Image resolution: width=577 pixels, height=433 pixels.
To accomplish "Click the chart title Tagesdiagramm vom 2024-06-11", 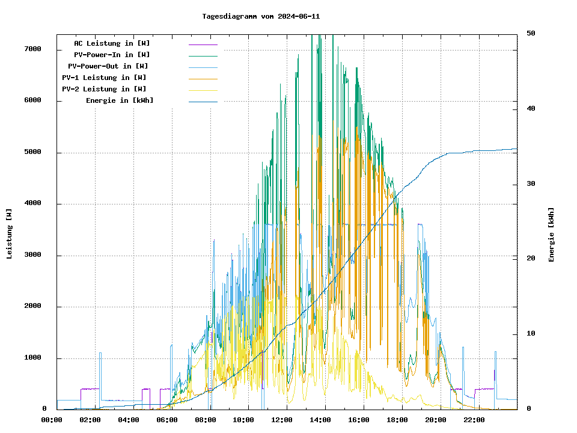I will click(x=261, y=16).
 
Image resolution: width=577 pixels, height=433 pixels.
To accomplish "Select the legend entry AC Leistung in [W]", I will click(x=112, y=43).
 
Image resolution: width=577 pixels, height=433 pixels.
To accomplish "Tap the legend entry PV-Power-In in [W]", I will click(x=116, y=55).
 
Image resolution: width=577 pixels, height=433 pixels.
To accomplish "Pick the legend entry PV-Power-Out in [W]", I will click(x=108, y=66).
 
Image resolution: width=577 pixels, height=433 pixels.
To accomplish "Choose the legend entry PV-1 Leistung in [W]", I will click(x=104, y=78).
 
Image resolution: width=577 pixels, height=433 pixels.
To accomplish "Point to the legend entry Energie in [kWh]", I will click(x=120, y=100).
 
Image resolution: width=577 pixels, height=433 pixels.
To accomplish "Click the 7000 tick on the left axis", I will click(x=32, y=49).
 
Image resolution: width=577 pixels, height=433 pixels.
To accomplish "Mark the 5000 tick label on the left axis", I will click(x=32, y=152).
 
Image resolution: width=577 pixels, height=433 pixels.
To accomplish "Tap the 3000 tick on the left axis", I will click(x=32, y=256).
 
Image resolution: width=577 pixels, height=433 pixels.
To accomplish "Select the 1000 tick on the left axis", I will click(x=32, y=358).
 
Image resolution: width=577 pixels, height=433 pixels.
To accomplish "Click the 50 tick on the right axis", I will click(x=531, y=33).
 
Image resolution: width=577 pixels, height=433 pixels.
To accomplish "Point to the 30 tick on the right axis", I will click(x=531, y=183).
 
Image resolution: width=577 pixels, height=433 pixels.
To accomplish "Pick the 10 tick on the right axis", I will click(x=531, y=334).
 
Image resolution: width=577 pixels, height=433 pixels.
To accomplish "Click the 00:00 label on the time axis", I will click(x=52, y=420).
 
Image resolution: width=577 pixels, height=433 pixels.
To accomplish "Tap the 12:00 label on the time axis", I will click(x=282, y=420).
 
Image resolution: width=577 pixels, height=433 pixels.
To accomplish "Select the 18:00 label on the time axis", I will click(x=397, y=420).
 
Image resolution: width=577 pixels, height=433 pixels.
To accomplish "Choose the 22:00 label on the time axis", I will click(x=474, y=420).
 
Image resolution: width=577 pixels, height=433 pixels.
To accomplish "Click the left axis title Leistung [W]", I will click(x=10, y=234).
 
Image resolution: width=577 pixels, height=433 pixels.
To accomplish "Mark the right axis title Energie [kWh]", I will click(x=551, y=235).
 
